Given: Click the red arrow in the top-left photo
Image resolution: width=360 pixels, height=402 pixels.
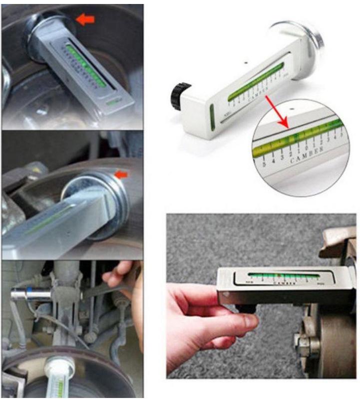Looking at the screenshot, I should coord(85,19).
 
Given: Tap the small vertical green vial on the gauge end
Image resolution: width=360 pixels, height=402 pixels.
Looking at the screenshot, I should coord(213,118).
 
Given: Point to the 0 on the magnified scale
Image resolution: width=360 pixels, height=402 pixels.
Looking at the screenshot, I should coord(299,147).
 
